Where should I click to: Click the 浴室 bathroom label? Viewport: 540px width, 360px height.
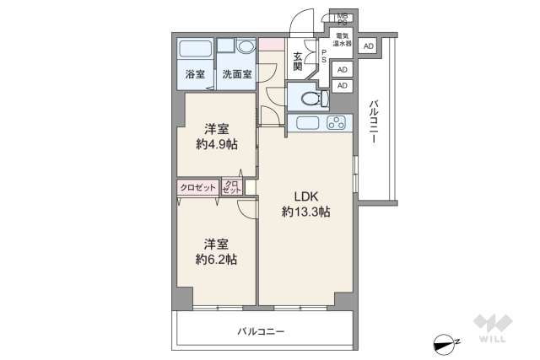[195, 74]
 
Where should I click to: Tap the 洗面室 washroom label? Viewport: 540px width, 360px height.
[237, 74]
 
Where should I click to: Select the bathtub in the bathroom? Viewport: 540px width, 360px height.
[195, 49]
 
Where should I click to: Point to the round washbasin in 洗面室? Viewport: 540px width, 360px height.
[246, 47]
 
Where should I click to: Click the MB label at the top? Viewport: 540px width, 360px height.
[343, 16]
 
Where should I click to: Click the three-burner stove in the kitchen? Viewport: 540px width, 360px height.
[337, 124]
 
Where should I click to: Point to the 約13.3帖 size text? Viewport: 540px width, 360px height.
[305, 212]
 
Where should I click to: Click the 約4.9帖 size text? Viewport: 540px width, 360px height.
[216, 144]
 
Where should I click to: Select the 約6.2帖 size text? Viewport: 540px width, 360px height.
[216, 259]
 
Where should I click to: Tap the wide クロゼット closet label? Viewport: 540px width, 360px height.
[197, 188]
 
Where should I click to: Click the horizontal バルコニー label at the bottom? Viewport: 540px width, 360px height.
[261, 331]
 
